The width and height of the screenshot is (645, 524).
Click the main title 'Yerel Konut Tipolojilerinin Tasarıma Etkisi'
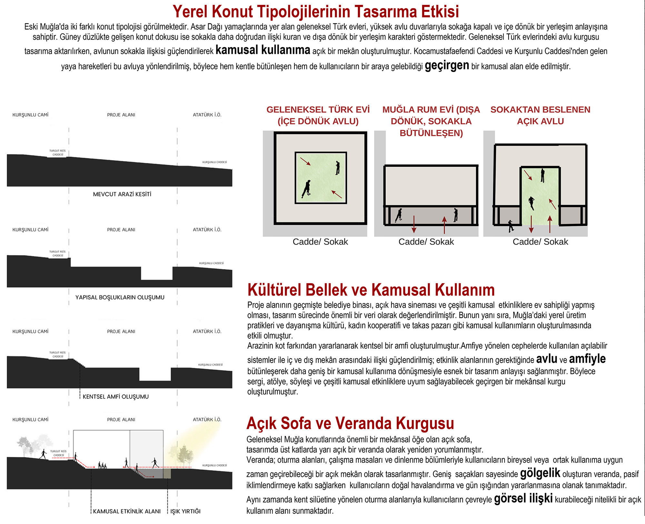[x=316, y=12]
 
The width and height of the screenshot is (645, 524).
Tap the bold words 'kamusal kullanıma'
[x=263, y=50]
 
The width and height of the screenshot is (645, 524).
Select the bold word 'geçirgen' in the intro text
[x=447, y=66]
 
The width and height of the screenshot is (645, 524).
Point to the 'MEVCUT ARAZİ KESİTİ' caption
[x=122, y=194]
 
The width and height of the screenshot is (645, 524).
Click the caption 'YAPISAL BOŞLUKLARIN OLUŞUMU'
[x=120, y=297]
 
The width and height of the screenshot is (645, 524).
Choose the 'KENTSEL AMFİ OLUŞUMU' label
[x=116, y=397]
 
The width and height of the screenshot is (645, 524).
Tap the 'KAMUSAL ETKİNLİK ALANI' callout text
[x=127, y=511]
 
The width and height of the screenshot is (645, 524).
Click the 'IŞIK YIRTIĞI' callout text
[x=185, y=511]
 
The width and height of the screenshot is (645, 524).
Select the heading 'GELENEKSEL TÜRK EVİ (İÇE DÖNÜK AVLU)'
[x=318, y=116]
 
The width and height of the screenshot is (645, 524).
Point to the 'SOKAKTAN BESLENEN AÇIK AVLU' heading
[x=541, y=116]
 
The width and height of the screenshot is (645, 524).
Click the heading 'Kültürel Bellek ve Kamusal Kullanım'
[x=371, y=290]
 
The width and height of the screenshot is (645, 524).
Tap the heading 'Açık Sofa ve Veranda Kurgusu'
[x=350, y=423]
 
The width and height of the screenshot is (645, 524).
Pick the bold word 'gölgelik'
[x=540, y=473]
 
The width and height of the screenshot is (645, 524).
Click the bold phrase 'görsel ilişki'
[x=523, y=499]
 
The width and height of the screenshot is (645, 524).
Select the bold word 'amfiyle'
[x=587, y=359]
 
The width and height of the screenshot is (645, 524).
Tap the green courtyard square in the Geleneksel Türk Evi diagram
[x=321, y=178]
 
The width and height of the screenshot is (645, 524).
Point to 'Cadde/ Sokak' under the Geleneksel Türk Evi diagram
[x=320, y=242]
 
